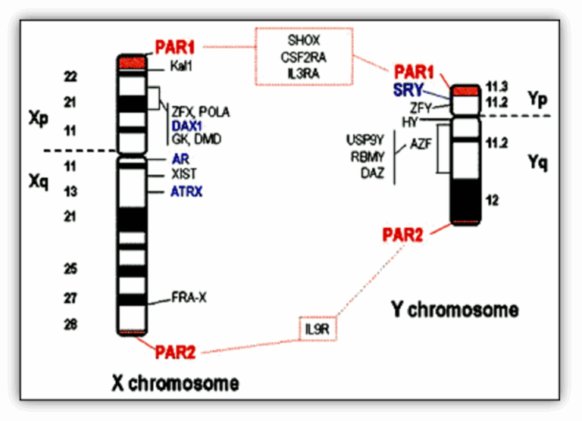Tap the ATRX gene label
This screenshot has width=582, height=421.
coord(186,192)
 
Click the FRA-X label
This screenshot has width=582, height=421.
coord(188,298)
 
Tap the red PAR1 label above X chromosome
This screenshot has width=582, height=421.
coord(176,48)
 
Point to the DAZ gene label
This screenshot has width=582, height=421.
coord(374,174)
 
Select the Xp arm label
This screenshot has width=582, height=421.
coord(39,120)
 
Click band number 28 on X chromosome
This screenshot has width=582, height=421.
coord(69,325)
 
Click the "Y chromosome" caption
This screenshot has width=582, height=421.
coord(455,308)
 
